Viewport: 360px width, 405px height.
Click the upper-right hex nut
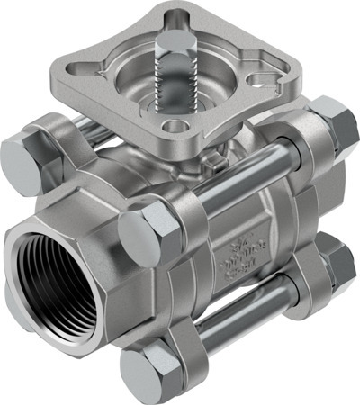[335, 123]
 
